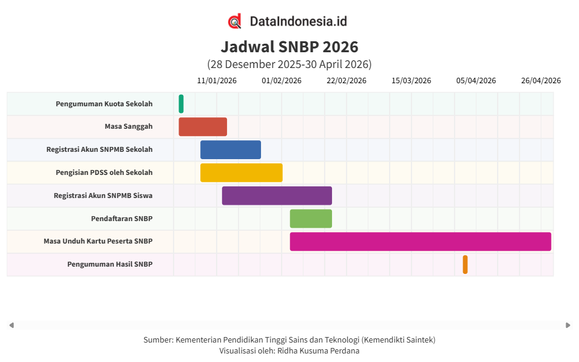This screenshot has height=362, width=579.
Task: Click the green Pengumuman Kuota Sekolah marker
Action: [x=181, y=104]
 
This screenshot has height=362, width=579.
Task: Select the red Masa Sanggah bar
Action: [x=203, y=127]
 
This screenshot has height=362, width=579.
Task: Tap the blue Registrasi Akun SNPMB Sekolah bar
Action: [x=231, y=150]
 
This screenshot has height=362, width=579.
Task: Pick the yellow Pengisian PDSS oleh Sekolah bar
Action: [x=242, y=172]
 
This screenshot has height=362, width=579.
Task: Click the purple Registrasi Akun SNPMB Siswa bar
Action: [x=277, y=196]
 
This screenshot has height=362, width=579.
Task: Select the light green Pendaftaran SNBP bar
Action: [x=311, y=219]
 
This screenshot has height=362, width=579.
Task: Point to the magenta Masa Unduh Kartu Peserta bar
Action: [x=420, y=242]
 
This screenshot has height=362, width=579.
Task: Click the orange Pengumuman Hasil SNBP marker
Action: [x=465, y=264]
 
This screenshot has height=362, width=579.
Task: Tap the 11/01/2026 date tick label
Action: [x=217, y=81]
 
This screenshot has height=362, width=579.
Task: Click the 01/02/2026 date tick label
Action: [x=282, y=81]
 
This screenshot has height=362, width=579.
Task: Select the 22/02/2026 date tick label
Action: [x=347, y=81]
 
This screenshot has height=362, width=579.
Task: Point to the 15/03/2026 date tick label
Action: [x=411, y=81]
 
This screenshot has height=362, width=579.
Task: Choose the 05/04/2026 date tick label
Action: [x=476, y=81]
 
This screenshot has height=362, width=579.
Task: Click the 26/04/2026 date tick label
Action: [x=541, y=81]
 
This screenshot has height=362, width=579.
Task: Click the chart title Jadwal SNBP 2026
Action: [x=289, y=47]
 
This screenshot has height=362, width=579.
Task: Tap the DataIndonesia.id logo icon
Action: [x=235, y=21]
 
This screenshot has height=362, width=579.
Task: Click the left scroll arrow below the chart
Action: [x=12, y=326]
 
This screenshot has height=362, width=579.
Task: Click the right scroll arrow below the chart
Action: [x=567, y=326]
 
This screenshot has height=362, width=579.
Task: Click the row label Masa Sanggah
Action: [x=128, y=127]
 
